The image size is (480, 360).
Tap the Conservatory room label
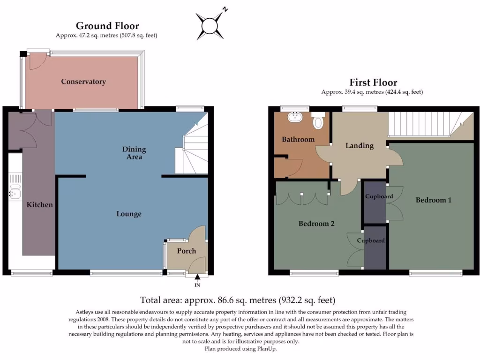(x=83, y=82)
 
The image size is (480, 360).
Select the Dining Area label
(x=134, y=153)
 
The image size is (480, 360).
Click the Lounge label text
(x=129, y=214)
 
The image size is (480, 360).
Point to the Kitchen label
(x=39, y=205)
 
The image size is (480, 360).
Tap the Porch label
(x=186, y=251)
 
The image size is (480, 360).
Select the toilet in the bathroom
(x=318, y=122)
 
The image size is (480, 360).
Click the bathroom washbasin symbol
(x=296, y=116)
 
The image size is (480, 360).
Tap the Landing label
(x=360, y=146)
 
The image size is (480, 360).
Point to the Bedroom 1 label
(x=434, y=200)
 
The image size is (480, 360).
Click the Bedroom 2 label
(x=316, y=224)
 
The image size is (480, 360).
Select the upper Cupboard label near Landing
(x=379, y=196)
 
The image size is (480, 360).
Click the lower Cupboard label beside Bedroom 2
(x=371, y=240)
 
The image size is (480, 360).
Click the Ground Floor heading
(x=107, y=26)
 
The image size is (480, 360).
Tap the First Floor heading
(x=373, y=82)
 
